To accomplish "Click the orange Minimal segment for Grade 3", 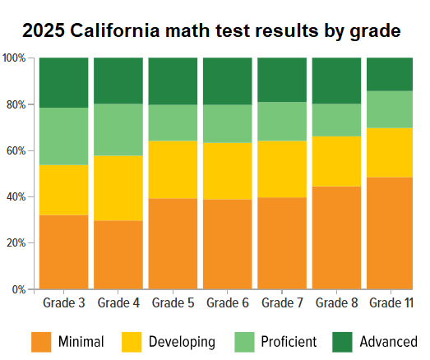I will click(63, 252).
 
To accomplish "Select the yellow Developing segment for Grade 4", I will click(118, 188).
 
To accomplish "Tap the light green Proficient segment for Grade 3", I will click(63, 136).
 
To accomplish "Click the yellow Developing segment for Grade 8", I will click(337, 161).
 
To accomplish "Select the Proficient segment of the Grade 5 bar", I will click(173, 122).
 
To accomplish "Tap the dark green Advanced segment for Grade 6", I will click(228, 81).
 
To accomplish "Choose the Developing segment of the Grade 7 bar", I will click(282, 169).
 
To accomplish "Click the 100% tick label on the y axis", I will click(14, 58).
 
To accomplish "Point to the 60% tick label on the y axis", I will click(16, 151).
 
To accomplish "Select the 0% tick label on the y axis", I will click(19, 289).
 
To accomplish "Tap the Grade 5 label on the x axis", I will click(173, 303).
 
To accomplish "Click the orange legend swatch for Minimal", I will click(41, 341).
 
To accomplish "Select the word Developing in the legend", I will click(183, 341).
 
